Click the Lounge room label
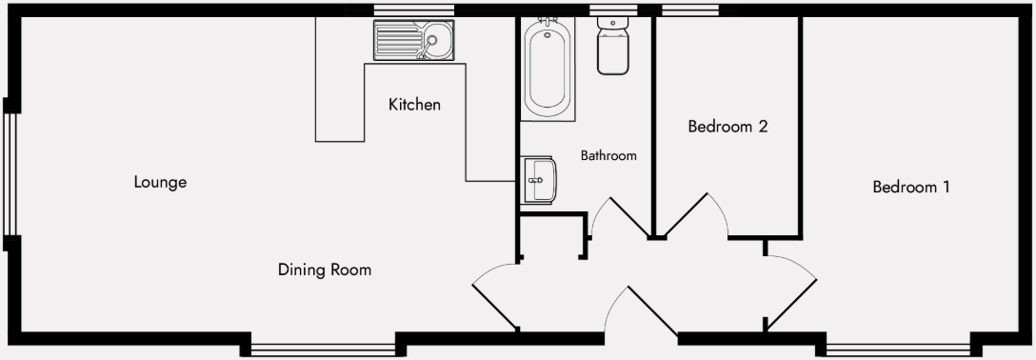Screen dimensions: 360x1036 coord(160,182)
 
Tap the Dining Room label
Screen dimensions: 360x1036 coord(324,270)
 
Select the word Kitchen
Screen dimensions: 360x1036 coord(414,105)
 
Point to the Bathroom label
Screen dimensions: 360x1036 coord(608,155)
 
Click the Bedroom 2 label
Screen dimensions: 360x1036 coord(727,126)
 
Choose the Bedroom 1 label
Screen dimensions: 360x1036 coord(911,188)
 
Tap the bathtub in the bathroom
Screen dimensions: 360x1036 coord(548,69)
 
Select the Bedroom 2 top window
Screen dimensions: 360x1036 coord(691,10)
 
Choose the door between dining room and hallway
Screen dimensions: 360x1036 coord(495,301)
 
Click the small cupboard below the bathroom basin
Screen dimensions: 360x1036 coord(551,237)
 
